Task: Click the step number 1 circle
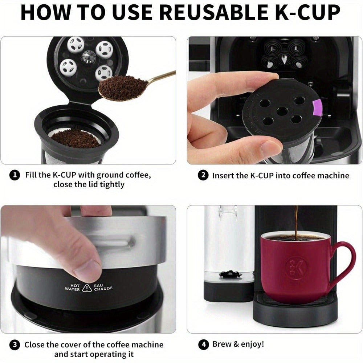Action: click(15, 175)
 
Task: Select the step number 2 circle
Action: click(203, 176)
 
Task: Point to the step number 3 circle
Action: click(15, 344)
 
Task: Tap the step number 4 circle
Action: click(203, 344)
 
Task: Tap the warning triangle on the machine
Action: click(87, 288)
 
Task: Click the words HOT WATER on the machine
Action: click(72, 287)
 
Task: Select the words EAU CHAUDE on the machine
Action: click(103, 287)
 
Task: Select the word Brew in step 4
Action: click(222, 344)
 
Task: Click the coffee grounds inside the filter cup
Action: click(76, 139)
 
